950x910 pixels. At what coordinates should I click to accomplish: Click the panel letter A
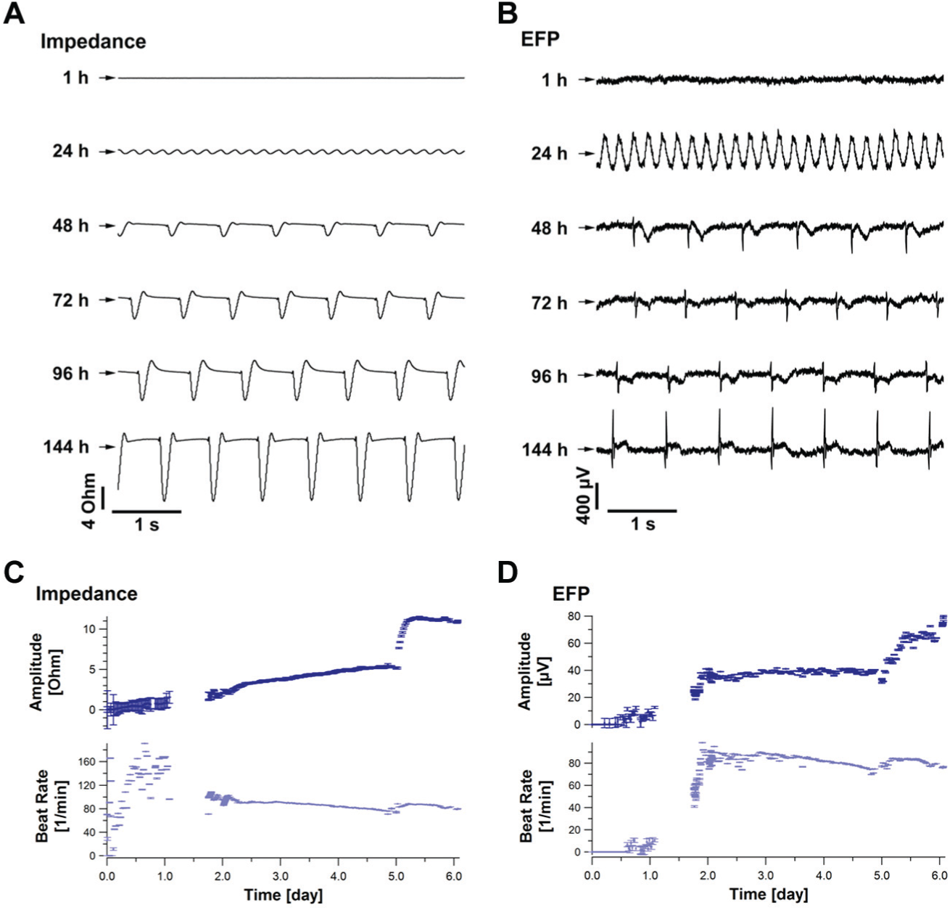[x=14, y=14]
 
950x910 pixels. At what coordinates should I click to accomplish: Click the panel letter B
[x=507, y=14]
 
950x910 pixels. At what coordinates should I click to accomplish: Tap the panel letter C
[x=14, y=572]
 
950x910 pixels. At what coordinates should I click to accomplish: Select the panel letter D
[x=508, y=572]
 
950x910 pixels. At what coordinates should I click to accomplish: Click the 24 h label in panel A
[x=71, y=152]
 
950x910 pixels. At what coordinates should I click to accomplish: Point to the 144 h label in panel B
[x=545, y=449]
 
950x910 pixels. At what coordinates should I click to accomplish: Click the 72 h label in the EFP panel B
[x=549, y=303]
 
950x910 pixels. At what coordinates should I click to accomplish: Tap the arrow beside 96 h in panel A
[x=107, y=373]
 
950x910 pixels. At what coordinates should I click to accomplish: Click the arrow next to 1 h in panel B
[x=586, y=79]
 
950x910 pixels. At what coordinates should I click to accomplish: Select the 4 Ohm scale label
[x=89, y=501]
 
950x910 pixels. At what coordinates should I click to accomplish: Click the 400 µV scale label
[x=584, y=496]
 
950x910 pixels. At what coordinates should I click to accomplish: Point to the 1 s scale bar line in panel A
[x=146, y=512]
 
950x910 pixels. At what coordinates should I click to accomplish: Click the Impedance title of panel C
[x=87, y=594]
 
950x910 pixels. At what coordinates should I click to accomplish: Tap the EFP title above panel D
[x=571, y=594]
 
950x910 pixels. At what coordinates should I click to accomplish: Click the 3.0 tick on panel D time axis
[x=766, y=876]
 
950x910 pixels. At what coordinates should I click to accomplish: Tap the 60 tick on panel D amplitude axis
[x=581, y=643]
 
